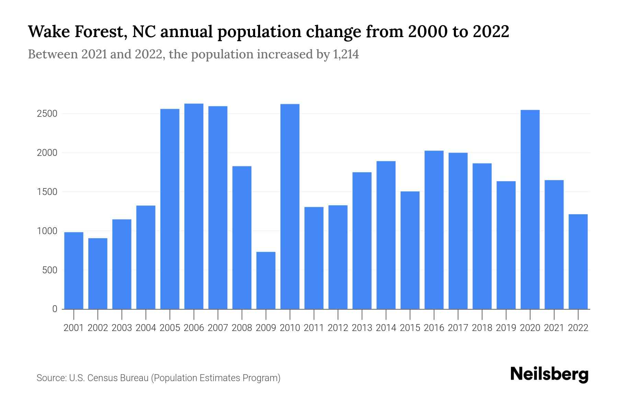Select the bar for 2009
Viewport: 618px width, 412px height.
266,281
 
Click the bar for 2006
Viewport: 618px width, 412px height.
194,206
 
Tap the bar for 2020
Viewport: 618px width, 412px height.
530,209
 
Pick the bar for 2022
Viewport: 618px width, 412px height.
578,262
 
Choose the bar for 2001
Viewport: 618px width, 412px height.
74,271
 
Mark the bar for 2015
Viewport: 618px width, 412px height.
410,250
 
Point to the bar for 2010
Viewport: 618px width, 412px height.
290,206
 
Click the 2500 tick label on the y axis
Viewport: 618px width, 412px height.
47,114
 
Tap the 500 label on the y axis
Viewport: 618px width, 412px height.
50,270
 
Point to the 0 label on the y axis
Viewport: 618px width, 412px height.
55,309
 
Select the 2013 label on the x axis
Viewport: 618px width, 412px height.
362,328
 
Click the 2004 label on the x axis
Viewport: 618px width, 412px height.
146,328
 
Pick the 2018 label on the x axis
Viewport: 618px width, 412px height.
482,328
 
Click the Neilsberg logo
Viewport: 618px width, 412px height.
549,374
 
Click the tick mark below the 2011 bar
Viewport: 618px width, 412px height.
314,314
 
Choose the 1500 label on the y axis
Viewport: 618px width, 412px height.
47,192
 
